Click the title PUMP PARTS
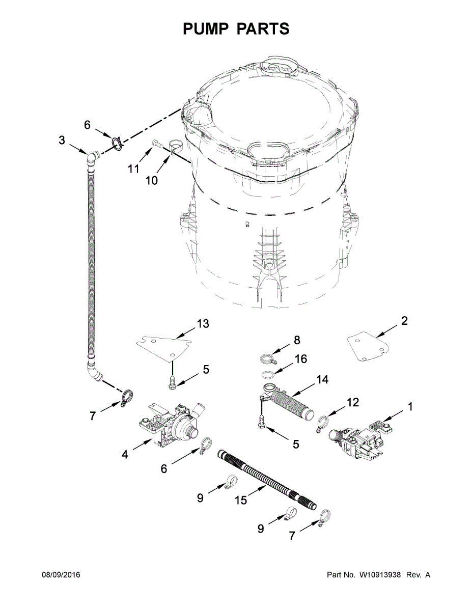236,29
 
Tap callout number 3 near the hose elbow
62,140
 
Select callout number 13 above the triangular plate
203,323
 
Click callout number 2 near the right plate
404,321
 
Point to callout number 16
300,359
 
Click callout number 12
353,403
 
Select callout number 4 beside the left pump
125,454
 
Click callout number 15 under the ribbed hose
241,500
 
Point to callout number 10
151,180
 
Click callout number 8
296,340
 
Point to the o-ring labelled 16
268,375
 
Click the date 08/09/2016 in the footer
61,575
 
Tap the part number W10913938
379,575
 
